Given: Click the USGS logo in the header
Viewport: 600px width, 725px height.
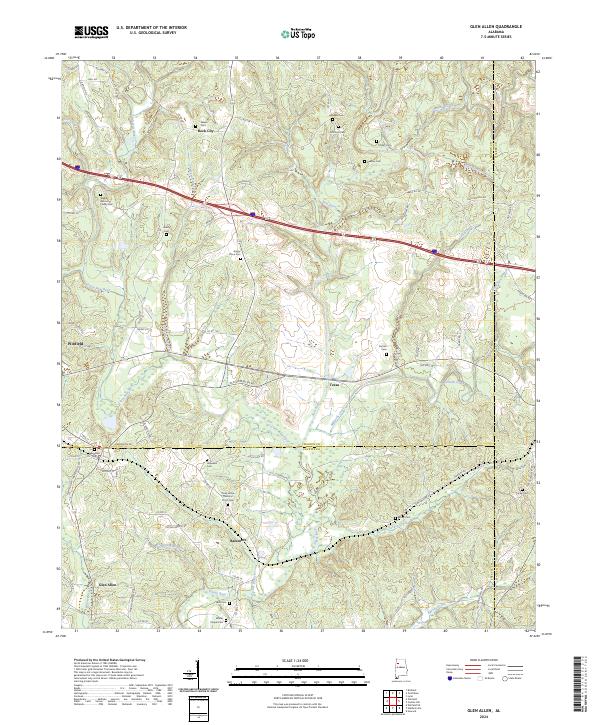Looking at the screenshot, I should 91,33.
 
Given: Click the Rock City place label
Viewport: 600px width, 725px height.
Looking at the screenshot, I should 204,130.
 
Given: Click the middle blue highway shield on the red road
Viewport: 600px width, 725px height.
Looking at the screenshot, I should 252,213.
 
